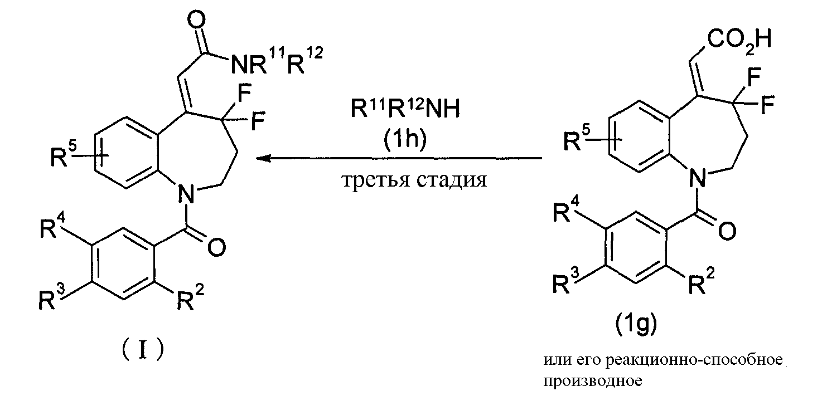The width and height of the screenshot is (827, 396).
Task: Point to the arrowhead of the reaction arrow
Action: coord(263,159)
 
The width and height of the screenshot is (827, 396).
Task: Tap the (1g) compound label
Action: coord(636,324)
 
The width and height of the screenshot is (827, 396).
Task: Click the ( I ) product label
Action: coord(143,350)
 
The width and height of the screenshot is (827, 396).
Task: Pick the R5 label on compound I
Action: coord(64,155)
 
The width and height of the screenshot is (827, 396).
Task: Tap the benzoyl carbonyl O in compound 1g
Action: coord(727,231)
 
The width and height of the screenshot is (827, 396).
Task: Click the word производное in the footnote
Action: coord(593,381)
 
